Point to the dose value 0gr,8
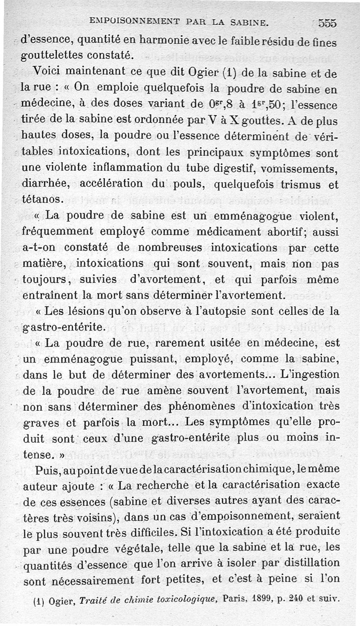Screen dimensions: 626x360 pos(222,104)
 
